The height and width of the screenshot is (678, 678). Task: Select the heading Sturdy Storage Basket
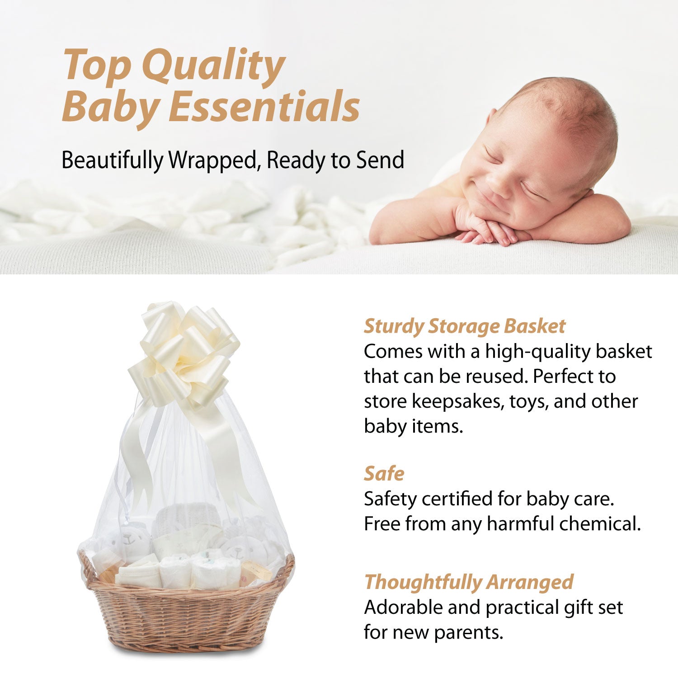point(464,326)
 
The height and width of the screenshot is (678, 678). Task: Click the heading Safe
point(384,474)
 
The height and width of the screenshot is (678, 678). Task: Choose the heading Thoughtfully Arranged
point(469,582)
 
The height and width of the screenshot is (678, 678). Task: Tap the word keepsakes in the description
point(457,401)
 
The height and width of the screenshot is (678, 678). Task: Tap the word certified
point(457,499)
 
